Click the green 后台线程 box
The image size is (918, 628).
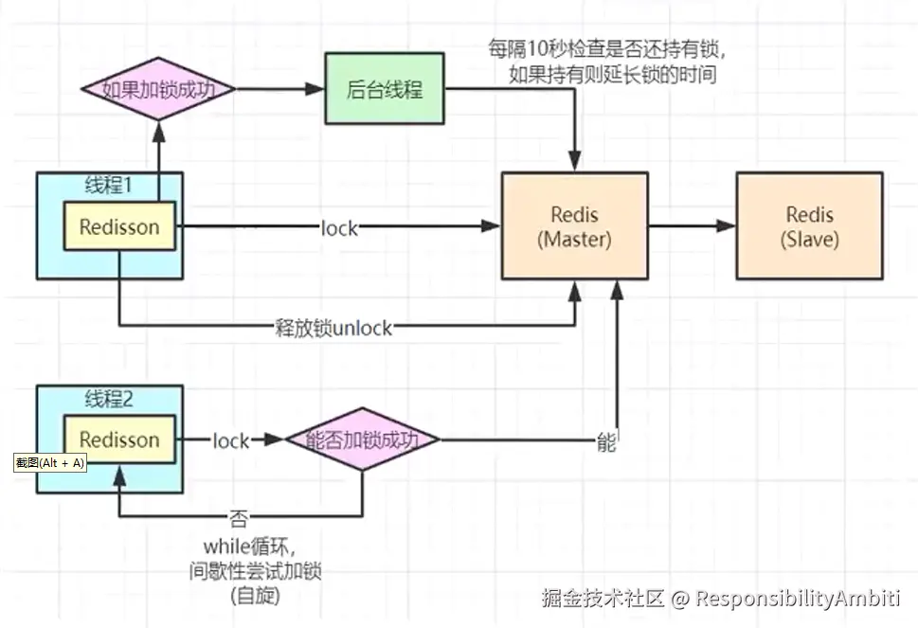point(385,90)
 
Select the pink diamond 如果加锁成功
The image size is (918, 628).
point(157,91)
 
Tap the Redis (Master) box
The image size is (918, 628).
point(574,225)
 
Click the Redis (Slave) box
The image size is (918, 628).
point(809,225)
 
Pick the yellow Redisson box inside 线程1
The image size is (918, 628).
point(119,226)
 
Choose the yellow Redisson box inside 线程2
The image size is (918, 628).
point(119,440)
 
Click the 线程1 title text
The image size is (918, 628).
point(109,186)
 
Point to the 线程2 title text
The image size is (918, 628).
point(109,399)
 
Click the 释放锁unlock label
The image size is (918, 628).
point(333,328)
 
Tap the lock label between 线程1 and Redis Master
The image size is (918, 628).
point(339,227)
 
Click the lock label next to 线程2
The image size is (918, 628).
point(230,440)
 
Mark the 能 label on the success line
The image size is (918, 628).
point(606,441)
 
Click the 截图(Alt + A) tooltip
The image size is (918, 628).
point(49,463)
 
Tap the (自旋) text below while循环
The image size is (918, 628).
point(255,597)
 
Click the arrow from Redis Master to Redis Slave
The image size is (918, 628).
point(692,225)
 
